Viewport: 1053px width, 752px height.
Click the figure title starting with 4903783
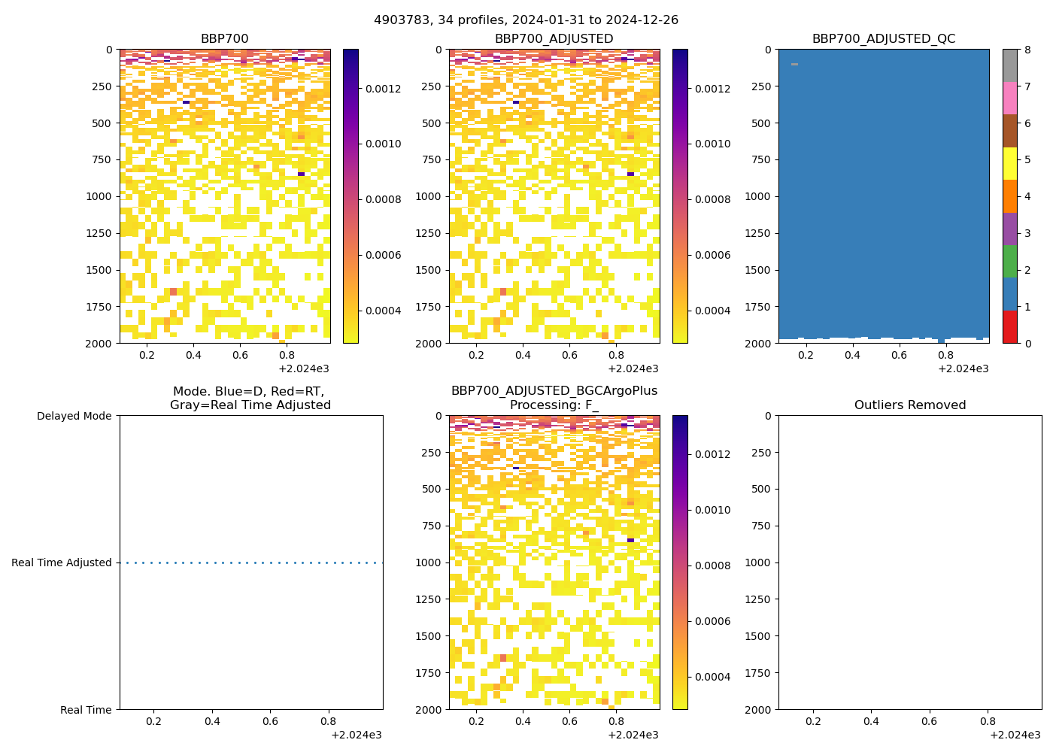(x=526, y=20)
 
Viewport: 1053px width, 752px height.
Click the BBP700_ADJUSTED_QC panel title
(x=883, y=39)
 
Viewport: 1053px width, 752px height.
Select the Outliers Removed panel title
(x=909, y=405)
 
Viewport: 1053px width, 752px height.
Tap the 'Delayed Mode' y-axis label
(x=74, y=416)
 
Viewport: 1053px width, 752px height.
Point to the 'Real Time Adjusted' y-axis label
(x=62, y=562)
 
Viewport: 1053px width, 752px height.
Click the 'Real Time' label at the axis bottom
(x=86, y=710)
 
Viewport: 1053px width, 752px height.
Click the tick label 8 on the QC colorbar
(x=1027, y=50)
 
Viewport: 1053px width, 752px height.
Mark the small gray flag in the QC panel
(x=794, y=65)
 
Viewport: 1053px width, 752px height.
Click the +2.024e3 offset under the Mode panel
(x=356, y=735)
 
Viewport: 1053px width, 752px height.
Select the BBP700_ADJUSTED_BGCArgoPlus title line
(x=554, y=391)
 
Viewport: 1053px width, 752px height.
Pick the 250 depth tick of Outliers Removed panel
(x=760, y=453)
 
